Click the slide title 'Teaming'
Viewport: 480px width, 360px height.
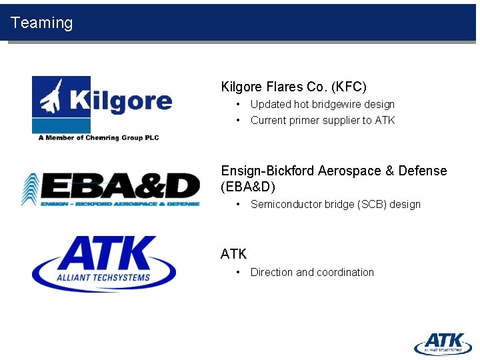(41, 23)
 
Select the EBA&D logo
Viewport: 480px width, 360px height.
(110, 189)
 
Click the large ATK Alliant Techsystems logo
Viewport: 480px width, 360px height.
(104, 263)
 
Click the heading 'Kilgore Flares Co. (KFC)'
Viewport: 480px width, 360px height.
(293, 87)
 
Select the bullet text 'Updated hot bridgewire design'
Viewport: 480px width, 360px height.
(322, 104)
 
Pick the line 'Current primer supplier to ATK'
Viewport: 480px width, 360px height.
(323, 120)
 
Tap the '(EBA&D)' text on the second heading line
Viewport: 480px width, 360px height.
(247, 187)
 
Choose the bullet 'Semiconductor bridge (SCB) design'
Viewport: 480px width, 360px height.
(335, 204)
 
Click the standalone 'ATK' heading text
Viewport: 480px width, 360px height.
(233, 254)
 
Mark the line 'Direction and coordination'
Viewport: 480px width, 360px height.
(312, 272)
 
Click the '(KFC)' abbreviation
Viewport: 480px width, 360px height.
(348, 87)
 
